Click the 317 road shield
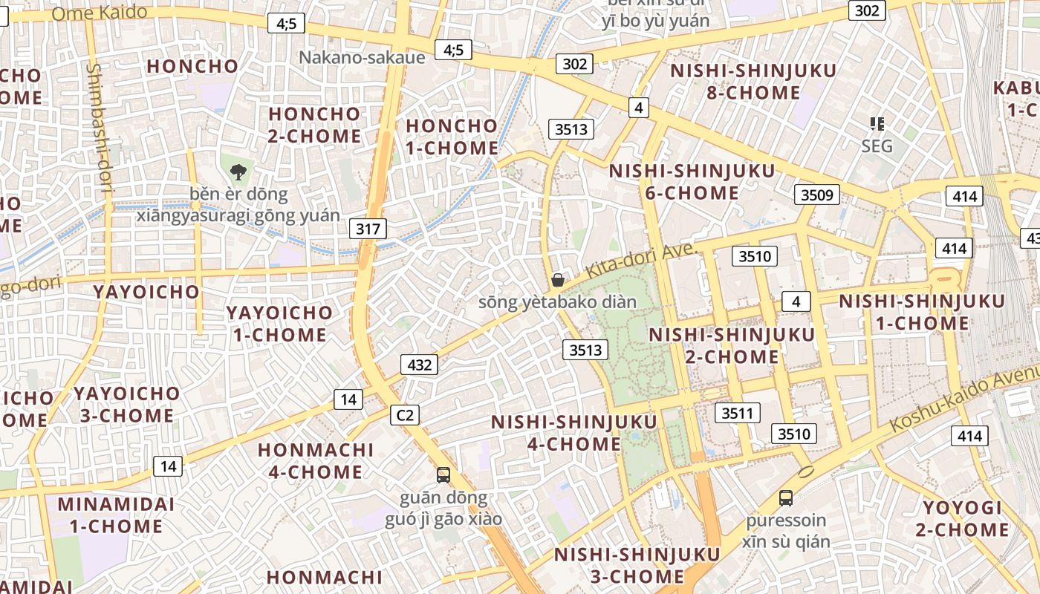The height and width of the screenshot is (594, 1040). pos(368,229)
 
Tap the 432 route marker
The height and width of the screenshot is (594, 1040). pos(419,365)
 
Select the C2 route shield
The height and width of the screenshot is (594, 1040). pos(405,415)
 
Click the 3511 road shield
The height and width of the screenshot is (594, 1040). pos(737,413)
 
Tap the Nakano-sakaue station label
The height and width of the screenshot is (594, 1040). pos(362,58)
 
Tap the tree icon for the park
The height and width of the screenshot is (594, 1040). pos(238,172)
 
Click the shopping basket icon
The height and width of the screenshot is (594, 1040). pos(558,280)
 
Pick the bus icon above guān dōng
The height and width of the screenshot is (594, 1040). pos(443,475)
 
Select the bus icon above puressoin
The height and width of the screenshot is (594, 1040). pos(786,498)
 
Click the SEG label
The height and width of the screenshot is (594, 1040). pos(877,146)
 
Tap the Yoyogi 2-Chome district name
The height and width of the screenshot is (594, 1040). pos(962,518)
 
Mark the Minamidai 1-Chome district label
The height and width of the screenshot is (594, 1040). pos(116,515)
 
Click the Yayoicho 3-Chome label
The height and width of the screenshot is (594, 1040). pos(126,404)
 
